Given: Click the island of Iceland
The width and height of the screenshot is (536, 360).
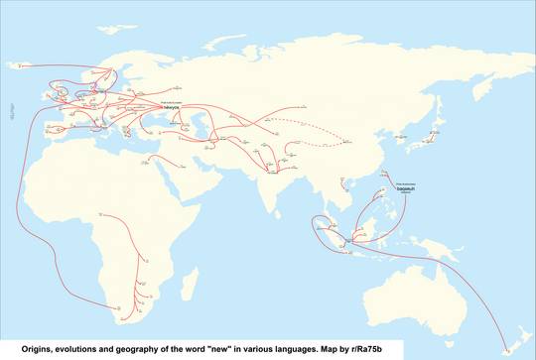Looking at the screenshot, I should click(x=22, y=66).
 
